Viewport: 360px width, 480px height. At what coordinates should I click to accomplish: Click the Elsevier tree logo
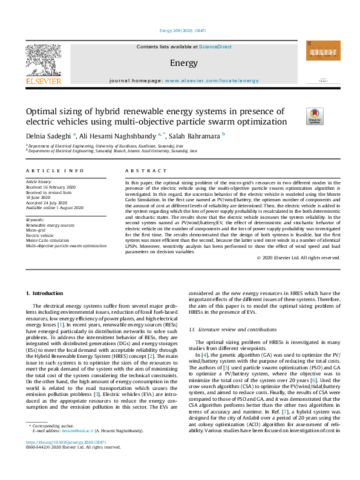(x=43, y=63)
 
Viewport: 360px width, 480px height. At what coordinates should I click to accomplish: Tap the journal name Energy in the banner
(x=179, y=63)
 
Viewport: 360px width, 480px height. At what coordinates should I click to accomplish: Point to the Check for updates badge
(x=315, y=116)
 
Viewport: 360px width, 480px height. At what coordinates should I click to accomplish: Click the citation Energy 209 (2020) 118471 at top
(x=180, y=30)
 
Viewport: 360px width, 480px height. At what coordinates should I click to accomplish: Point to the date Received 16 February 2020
(x=51, y=187)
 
